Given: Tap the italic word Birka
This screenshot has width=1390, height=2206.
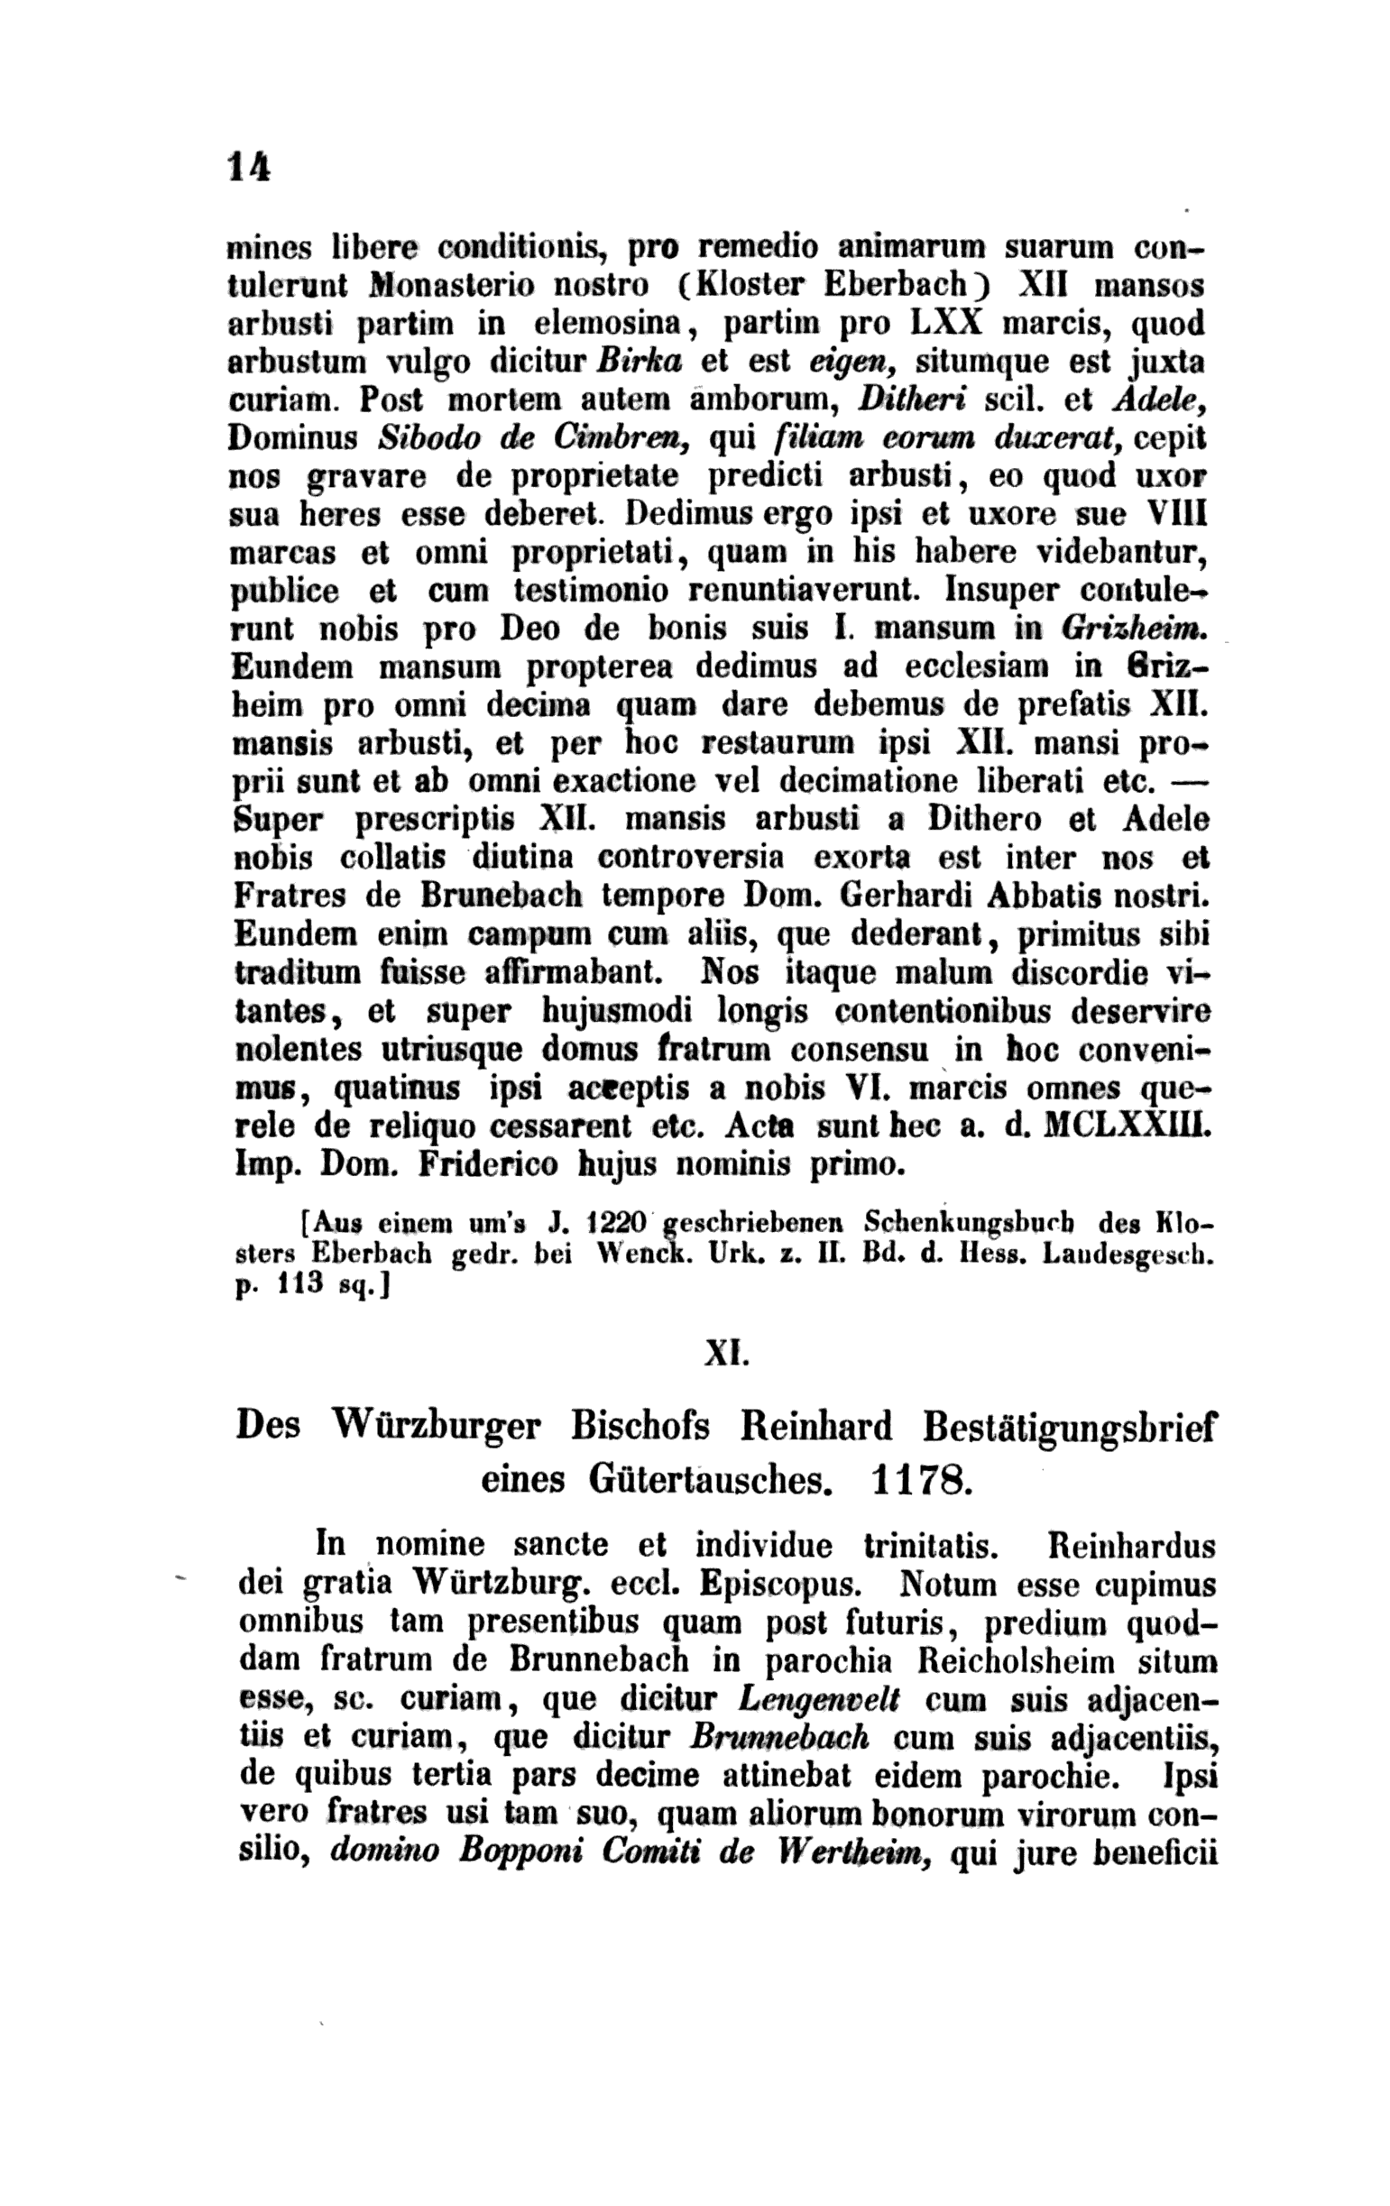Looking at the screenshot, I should (639, 362).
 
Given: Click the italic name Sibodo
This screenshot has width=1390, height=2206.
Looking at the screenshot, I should (425, 439).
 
